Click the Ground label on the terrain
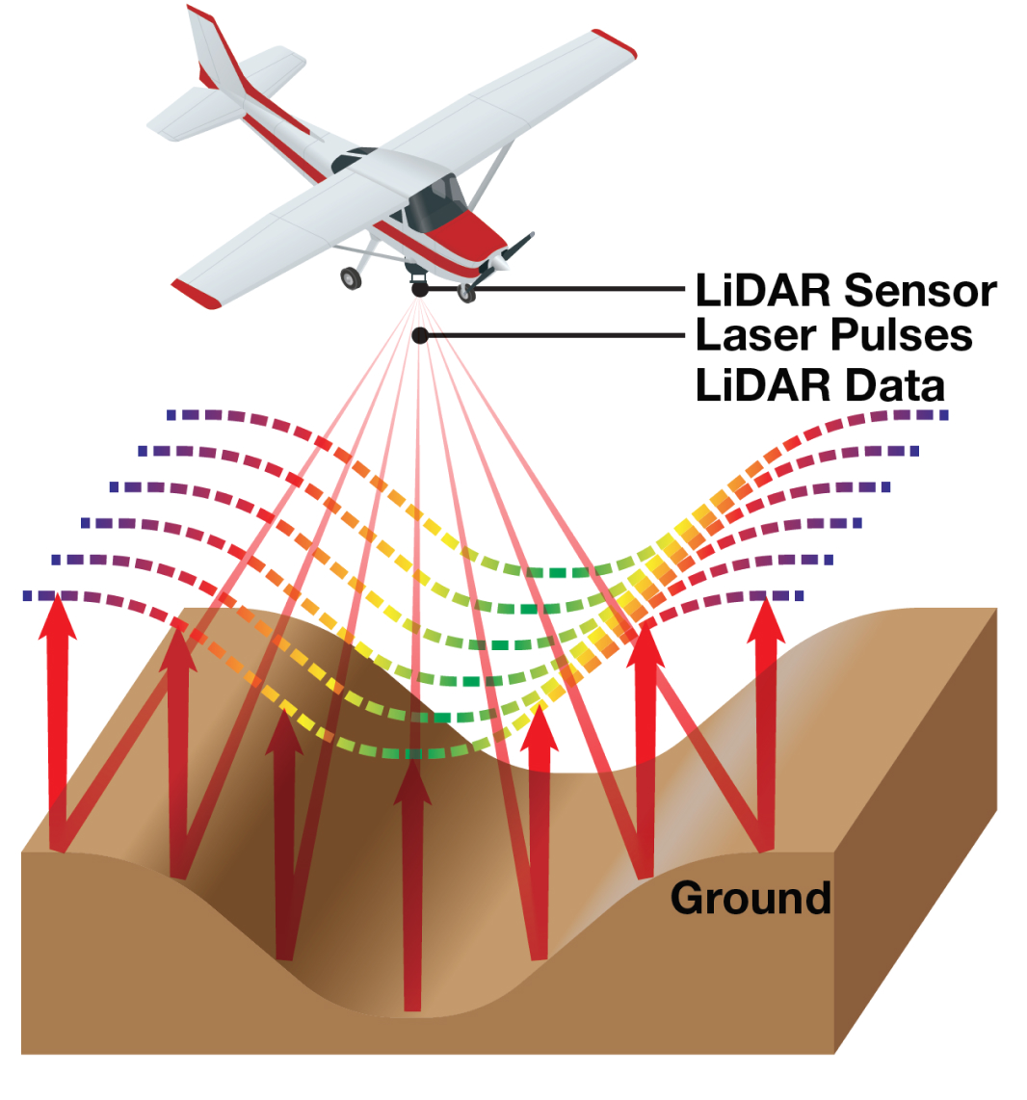750,898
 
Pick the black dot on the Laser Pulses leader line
420,335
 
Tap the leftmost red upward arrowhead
59,616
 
